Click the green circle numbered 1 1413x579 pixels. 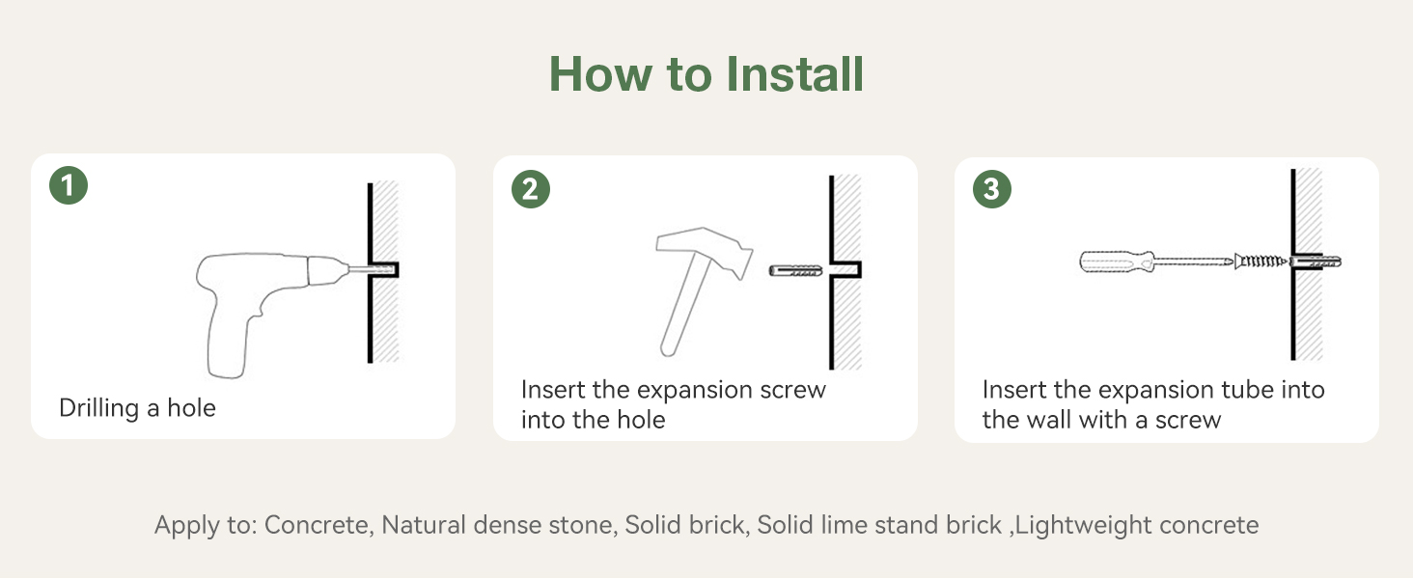(x=69, y=185)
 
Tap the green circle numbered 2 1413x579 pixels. (x=531, y=188)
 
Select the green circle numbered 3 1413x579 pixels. (x=992, y=188)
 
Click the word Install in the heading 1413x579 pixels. (x=794, y=74)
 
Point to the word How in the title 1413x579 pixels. (x=600, y=74)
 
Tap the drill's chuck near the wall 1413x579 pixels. (x=327, y=271)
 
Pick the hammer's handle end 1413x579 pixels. (x=667, y=348)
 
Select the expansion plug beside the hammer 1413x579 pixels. (x=795, y=270)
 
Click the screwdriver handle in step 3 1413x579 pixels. (x=1117, y=262)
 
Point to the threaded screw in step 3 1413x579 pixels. (x=1261, y=261)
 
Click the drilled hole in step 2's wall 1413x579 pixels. (x=845, y=270)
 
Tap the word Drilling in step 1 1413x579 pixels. (x=98, y=408)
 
